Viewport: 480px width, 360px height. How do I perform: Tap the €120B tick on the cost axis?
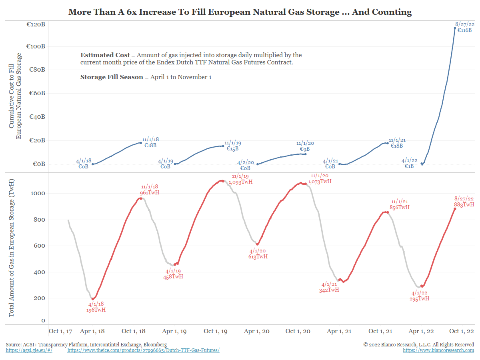[x=36, y=24]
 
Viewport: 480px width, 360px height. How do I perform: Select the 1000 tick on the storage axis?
[x=38, y=193]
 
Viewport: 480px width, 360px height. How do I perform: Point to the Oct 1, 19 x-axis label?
[x=216, y=331]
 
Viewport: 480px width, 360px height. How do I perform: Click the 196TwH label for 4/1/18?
[x=96, y=310]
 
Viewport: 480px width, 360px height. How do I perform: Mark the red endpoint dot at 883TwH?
[x=455, y=208]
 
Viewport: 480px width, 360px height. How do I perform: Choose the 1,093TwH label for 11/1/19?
[x=241, y=182]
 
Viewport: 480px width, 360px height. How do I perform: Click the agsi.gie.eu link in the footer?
[x=29, y=350]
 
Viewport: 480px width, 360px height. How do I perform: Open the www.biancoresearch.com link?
[x=438, y=350]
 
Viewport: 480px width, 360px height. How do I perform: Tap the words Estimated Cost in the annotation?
[x=105, y=55]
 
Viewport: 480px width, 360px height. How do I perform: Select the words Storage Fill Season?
[x=112, y=77]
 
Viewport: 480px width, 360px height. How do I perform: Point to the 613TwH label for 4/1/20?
[x=258, y=256]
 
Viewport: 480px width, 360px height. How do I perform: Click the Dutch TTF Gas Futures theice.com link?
[x=143, y=350]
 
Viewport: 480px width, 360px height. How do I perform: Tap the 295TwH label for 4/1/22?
[x=420, y=298]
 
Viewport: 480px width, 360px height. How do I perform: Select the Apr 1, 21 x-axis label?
[x=340, y=331]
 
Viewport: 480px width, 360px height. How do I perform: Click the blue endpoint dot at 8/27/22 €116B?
[x=455, y=28]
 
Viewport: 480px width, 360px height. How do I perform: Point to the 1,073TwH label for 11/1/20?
[x=320, y=181]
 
